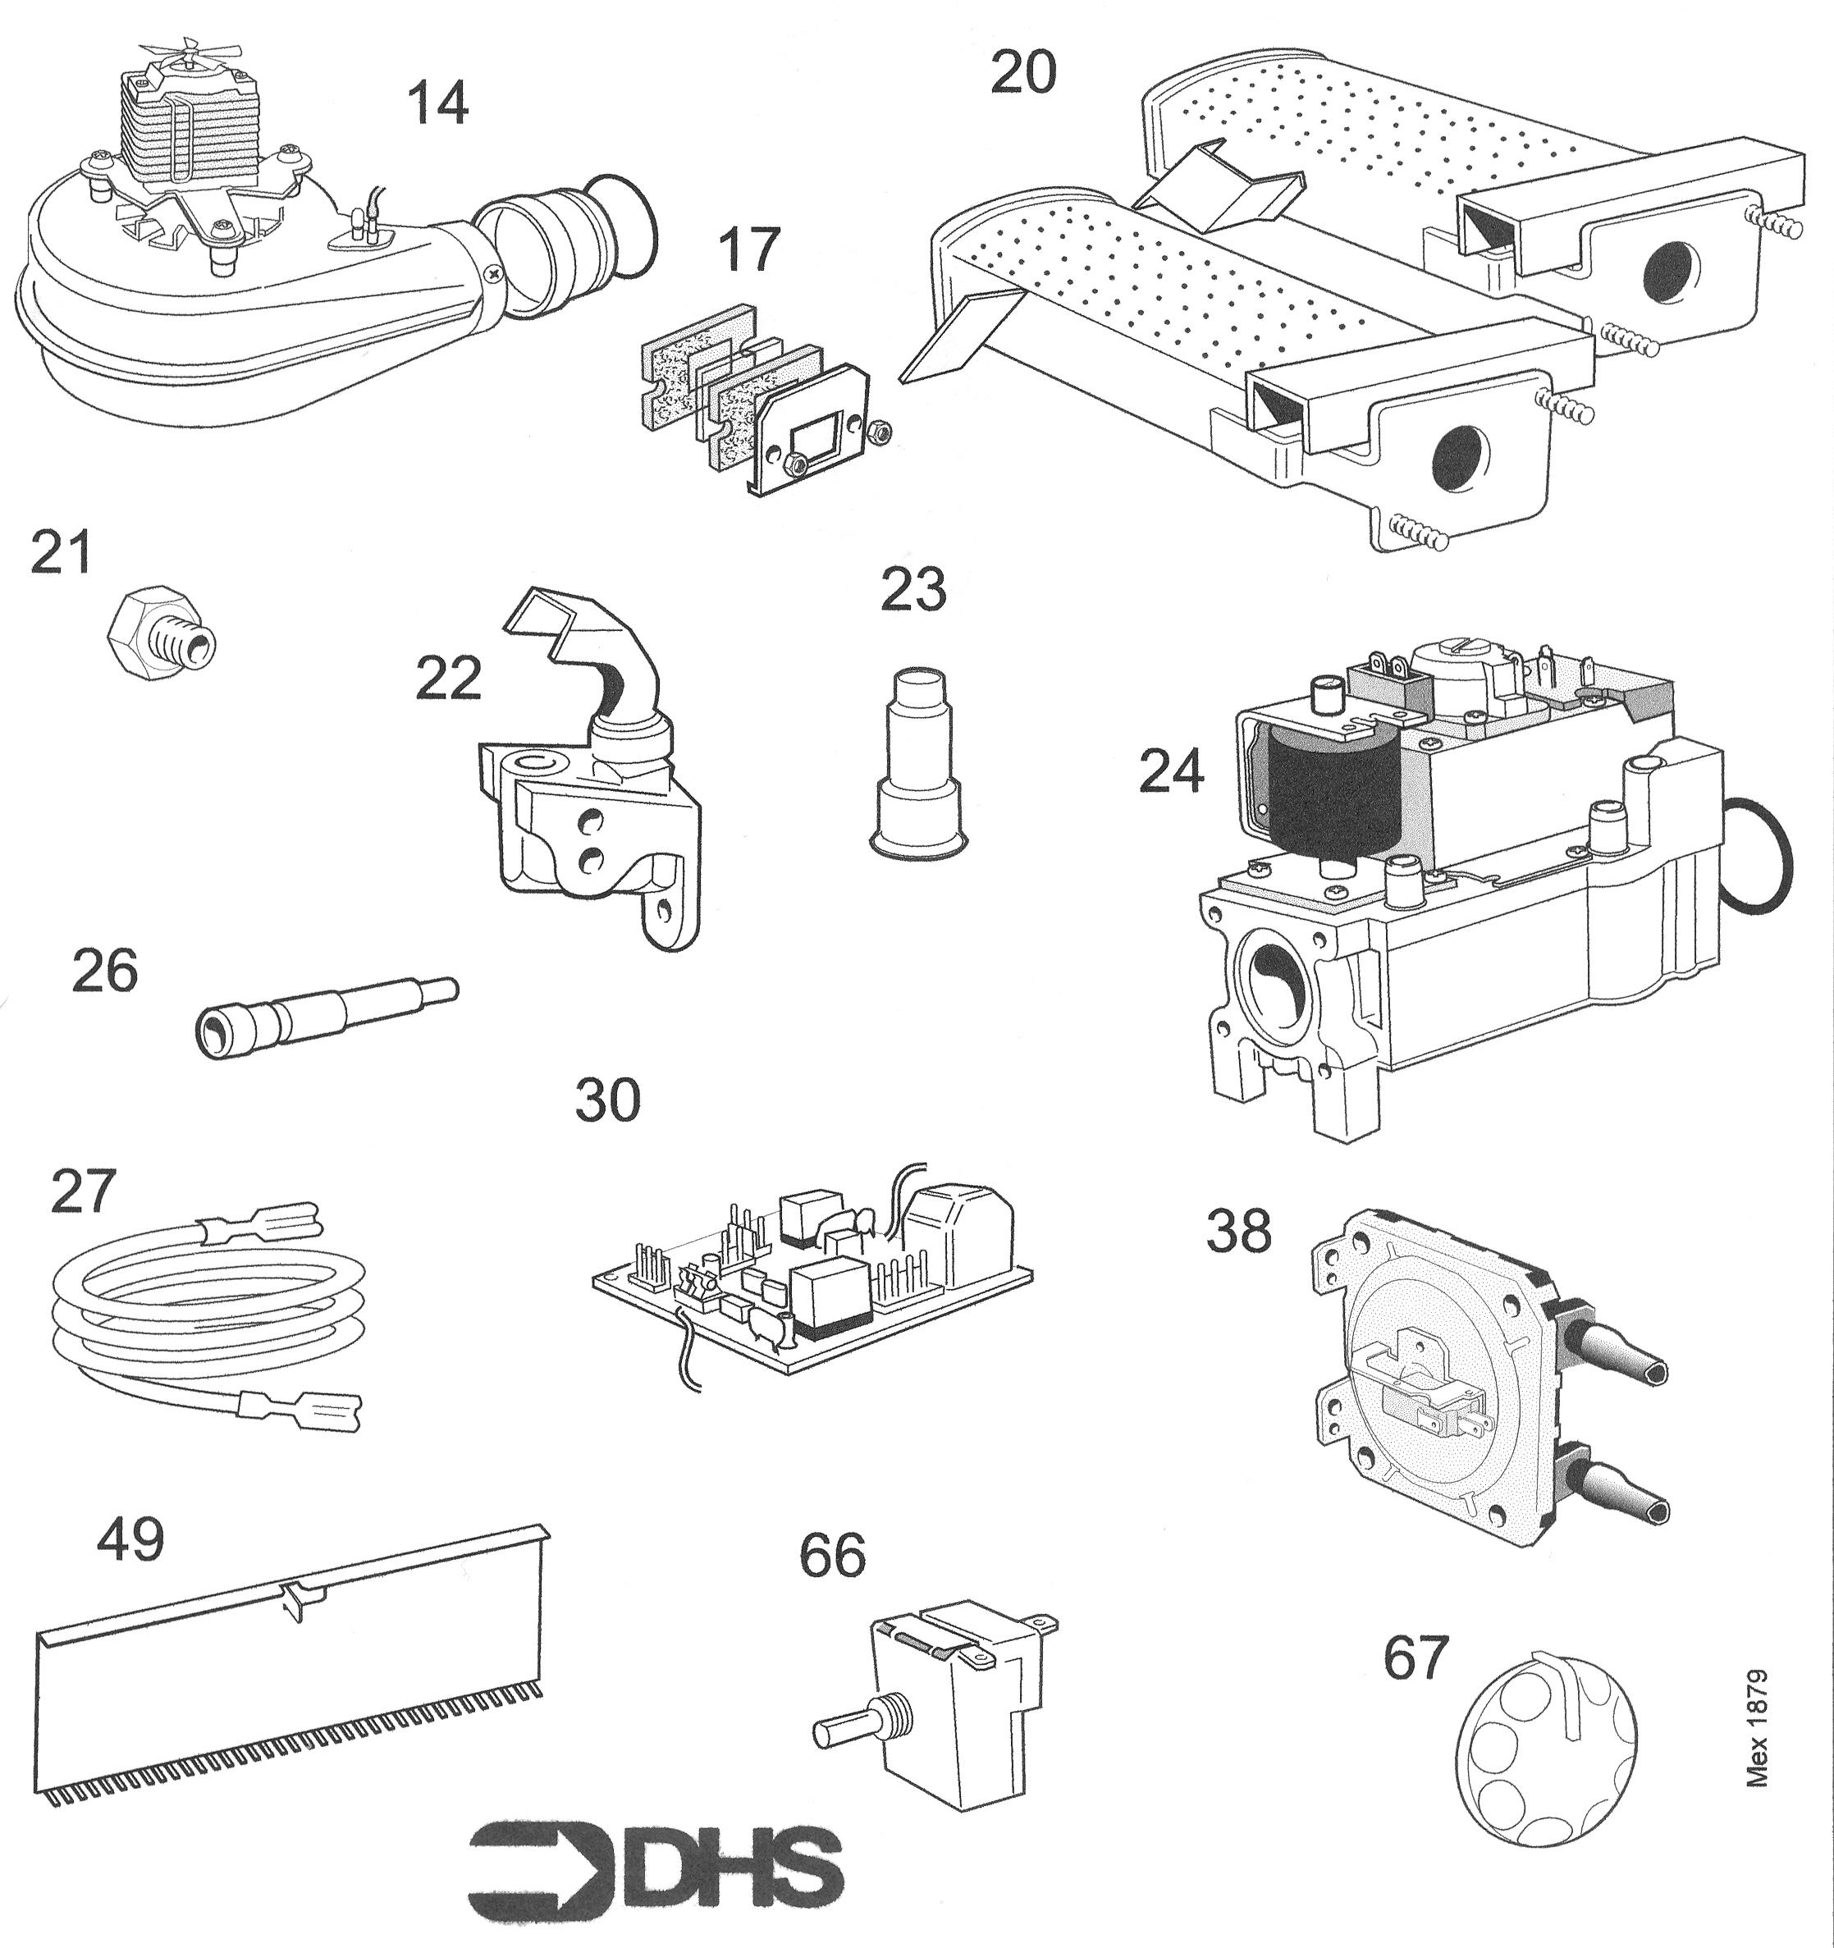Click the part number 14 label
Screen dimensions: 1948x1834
[x=438, y=104]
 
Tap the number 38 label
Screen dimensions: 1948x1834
[x=1238, y=1232]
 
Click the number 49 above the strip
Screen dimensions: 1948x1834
[x=130, y=1539]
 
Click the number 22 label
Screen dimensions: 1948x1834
[x=448, y=678]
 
